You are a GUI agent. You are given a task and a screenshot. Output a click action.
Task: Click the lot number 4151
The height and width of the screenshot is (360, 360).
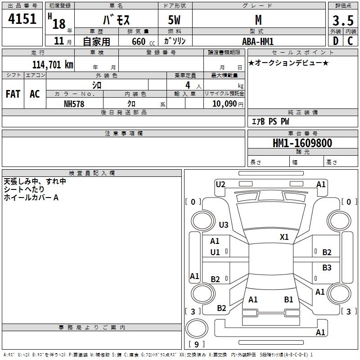tap(22, 18)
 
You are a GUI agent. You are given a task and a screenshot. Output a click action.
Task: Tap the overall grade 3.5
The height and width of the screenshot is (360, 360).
tap(343, 20)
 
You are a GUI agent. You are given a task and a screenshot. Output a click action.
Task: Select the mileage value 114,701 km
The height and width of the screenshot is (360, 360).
tap(53, 65)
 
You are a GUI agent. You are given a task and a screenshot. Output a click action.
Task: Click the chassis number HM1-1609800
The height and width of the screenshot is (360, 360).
tap(302, 143)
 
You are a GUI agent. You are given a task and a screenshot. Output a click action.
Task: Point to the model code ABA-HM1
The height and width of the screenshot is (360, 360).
tap(258, 41)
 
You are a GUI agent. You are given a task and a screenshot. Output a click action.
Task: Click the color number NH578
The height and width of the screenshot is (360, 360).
tap(74, 104)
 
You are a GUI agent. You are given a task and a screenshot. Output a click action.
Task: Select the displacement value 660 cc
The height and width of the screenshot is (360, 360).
tap(143, 42)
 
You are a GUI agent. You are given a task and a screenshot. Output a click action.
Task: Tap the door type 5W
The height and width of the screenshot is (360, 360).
tap(174, 20)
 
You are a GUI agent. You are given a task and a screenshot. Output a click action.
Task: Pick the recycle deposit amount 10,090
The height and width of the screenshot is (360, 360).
tap(224, 104)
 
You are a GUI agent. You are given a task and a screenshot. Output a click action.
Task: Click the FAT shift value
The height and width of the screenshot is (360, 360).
tap(13, 94)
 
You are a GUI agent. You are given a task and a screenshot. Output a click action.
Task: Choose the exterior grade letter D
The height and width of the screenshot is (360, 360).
tap(336, 41)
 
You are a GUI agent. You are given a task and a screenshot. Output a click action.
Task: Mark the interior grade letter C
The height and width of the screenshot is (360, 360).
tap(350, 41)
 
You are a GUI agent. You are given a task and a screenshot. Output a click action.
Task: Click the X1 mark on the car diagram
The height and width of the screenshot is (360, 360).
tap(284, 237)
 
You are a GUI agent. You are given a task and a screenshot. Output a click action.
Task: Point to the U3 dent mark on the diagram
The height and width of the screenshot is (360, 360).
tap(224, 225)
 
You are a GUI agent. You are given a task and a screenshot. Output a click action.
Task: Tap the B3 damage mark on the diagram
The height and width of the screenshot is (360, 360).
tap(327, 267)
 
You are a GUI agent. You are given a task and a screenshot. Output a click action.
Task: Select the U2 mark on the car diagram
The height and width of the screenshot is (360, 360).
tap(220, 184)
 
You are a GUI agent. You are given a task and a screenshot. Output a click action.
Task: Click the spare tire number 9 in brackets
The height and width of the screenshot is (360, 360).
tap(197, 344)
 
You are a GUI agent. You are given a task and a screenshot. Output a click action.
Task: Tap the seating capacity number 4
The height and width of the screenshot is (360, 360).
tap(188, 85)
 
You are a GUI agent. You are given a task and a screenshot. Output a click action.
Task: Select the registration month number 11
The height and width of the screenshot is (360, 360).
tap(59, 41)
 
